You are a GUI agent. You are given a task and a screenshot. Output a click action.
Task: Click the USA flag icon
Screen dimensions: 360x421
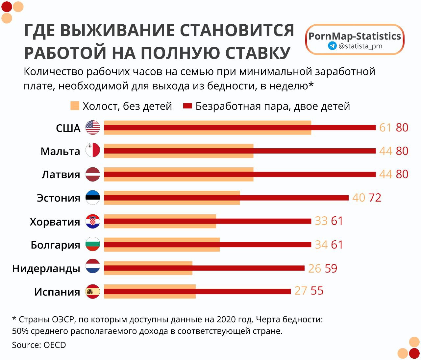(93, 128)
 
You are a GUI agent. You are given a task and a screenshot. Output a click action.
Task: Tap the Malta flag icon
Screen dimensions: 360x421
(93, 151)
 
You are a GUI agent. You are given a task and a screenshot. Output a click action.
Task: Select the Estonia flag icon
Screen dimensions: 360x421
(93, 198)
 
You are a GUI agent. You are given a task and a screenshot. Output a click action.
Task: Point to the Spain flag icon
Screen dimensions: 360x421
(93, 292)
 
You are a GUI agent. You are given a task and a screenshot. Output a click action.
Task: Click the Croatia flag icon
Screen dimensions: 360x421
(93, 221)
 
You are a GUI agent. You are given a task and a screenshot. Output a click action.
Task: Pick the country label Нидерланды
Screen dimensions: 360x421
(46, 269)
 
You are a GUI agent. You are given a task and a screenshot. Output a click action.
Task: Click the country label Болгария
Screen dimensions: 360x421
(55, 245)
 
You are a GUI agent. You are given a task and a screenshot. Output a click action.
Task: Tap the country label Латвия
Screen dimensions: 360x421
(61, 175)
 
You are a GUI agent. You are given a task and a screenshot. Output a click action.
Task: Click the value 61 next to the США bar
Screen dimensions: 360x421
(385, 128)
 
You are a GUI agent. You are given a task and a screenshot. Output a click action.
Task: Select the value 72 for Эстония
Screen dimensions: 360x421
(375, 198)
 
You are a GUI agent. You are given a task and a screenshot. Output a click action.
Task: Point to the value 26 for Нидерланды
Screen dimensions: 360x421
(314, 269)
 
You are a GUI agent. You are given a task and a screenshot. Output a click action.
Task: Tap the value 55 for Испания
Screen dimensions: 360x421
(317, 291)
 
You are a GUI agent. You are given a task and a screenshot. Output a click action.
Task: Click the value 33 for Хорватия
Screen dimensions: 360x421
(321, 221)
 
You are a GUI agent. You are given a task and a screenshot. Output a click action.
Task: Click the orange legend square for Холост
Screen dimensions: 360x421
(75, 106)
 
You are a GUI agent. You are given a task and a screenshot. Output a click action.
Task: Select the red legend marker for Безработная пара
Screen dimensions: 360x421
(187, 106)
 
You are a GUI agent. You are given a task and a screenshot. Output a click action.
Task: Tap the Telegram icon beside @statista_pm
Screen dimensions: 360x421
(332, 46)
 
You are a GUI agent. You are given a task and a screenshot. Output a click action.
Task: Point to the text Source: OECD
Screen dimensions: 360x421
(39, 345)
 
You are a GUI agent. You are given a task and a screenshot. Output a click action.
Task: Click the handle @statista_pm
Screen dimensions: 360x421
(360, 46)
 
